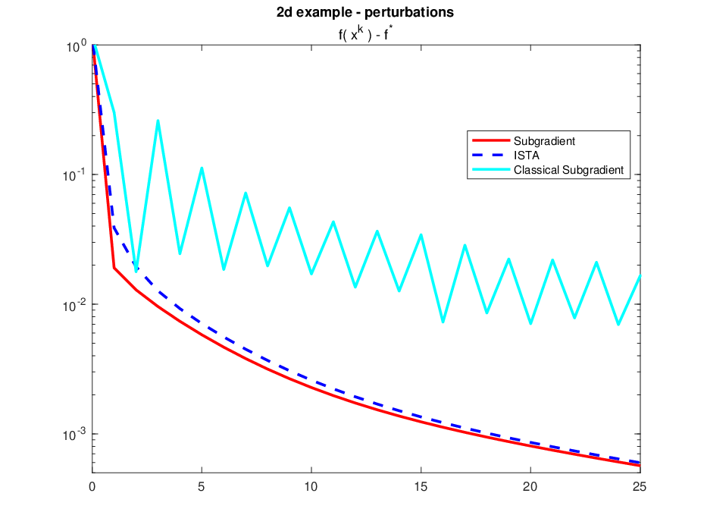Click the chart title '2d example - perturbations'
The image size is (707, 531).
point(364,12)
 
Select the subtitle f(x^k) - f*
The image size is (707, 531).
point(365,33)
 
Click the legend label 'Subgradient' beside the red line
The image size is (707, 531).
point(544,141)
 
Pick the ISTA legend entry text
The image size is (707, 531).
point(526,156)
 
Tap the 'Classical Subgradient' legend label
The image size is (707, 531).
point(568,170)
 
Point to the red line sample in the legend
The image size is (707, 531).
point(491,140)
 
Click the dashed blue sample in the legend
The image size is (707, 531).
point(491,155)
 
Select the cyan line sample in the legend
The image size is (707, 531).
point(491,169)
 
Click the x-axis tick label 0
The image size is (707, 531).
point(92,487)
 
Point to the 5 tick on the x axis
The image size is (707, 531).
point(202,487)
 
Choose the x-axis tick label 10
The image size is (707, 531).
point(311,487)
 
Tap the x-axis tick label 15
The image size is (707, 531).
point(421,487)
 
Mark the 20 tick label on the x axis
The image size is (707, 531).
point(530,487)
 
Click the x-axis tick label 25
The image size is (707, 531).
point(640,487)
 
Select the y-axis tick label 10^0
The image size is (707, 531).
point(77,46)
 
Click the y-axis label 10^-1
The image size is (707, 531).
point(74,174)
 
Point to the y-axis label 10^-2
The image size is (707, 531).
point(74,305)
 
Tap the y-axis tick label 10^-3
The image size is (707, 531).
point(74,435)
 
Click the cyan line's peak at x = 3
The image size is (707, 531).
point(158,121)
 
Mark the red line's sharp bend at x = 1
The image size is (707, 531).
point(114,268)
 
